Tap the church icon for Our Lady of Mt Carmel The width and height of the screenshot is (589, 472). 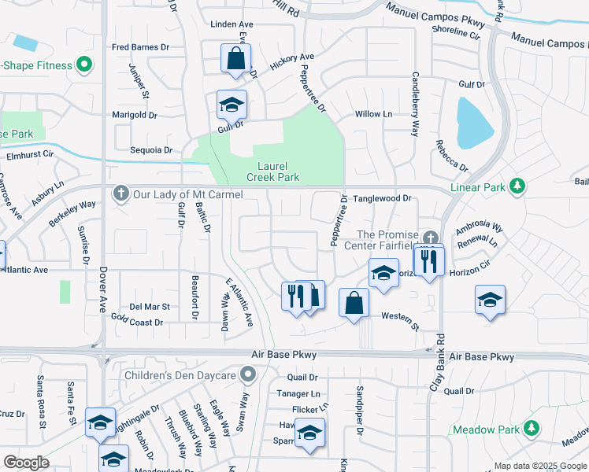click(120, 194)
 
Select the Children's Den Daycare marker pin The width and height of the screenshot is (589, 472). click(249, 374)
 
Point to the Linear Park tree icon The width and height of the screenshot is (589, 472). click(517, 186)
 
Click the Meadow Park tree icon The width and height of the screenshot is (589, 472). click(532, 429)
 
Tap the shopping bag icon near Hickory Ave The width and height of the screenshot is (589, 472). click(235, 58)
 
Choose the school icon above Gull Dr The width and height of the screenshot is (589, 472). click(232, 105)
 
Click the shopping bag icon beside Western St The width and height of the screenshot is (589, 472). click(354, 302)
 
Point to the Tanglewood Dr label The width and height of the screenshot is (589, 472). click(382, 199)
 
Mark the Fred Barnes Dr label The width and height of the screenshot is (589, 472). click(140, 47)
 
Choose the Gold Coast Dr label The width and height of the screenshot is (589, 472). click(137, 323)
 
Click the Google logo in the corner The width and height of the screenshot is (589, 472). click(27, 462)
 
